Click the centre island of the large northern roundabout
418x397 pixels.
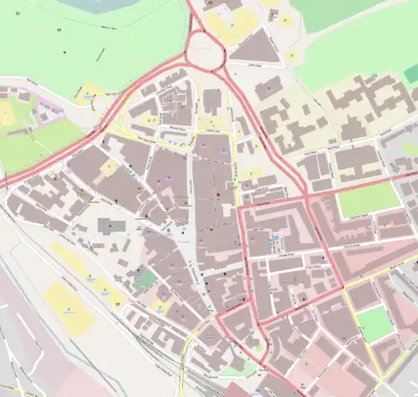pos(204,52)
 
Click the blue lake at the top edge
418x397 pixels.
pos(100,5)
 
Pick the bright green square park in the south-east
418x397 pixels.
pos(374,323)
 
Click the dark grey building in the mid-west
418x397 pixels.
pos(110,224)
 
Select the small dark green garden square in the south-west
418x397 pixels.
pos(144,279)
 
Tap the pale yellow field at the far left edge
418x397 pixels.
pos(8,113)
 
